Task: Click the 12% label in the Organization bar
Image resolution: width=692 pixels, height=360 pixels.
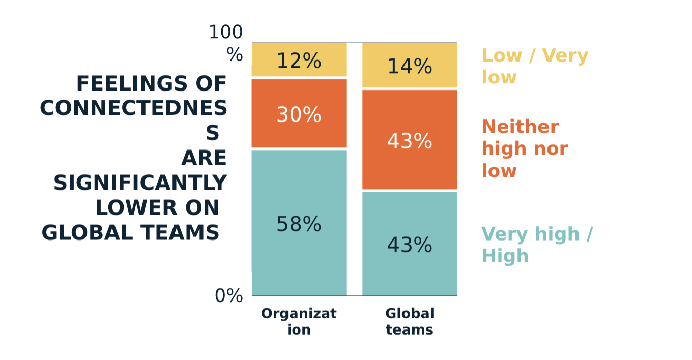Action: click(299, 61)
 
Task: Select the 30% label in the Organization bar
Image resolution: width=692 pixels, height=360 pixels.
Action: click(299, 114)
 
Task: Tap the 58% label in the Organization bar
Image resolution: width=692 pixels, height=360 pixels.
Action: click(299, 224)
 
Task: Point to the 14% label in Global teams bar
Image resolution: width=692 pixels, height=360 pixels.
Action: click(410, 67)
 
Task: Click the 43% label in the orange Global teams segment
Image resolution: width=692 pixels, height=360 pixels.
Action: click(410, 141)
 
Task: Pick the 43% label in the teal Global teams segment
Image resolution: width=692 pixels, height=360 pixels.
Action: click(410, 245)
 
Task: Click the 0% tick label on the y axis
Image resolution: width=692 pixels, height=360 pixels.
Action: click(228, 295)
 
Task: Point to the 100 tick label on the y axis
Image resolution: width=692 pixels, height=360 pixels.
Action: click(225, 33)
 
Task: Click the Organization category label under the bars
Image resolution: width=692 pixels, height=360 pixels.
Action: click(299, 321)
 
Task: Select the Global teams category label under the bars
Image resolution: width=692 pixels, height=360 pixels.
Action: click(410, 321)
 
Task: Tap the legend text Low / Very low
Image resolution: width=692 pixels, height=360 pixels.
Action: click(534, 66)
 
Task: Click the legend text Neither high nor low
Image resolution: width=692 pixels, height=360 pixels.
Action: click(525, 148)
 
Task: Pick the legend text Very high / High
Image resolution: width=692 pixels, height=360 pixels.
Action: click(536, 245)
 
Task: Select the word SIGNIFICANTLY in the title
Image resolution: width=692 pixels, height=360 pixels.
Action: click(140, 183)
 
